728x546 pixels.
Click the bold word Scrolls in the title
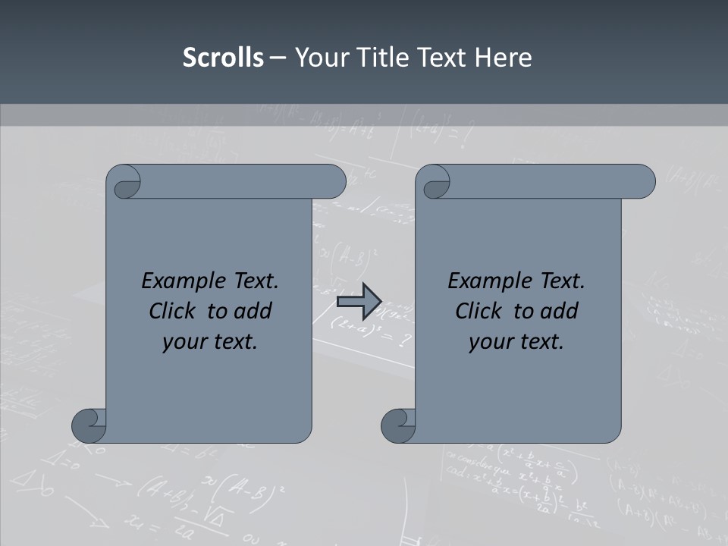tap(223, 58)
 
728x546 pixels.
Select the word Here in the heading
tap(504, 58)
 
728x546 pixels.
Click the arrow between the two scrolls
tap(359, 301)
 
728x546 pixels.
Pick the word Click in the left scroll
tap(171, 312)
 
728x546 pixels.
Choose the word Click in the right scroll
tap(478, 312)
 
